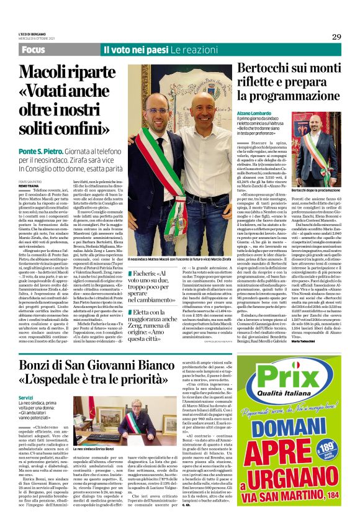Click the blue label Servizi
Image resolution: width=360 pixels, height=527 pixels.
point(25,397)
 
